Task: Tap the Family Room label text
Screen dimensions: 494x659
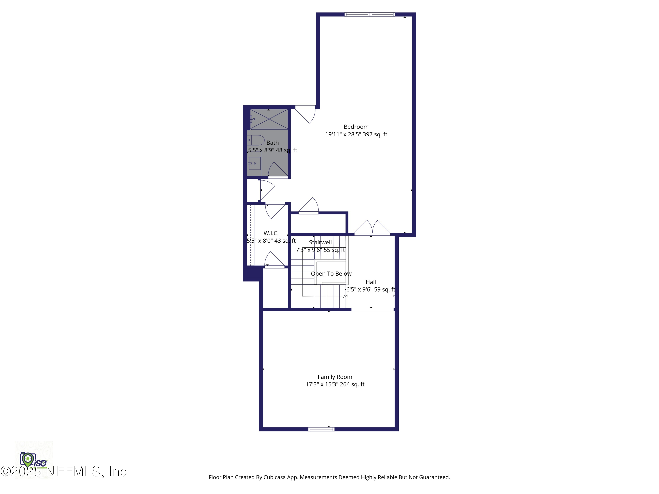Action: tap(335, 377)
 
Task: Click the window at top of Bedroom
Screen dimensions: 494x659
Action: tap(370, 14)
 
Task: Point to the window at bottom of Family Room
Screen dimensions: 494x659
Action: tap(321, 429)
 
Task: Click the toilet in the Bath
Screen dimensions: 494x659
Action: tap(256, 140)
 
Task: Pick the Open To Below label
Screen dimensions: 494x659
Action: tap(331, 274)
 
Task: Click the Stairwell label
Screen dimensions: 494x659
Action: tap(320, 242)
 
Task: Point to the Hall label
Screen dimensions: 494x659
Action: tap(371, 282)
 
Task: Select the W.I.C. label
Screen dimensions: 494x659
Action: tap(271, 233)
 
